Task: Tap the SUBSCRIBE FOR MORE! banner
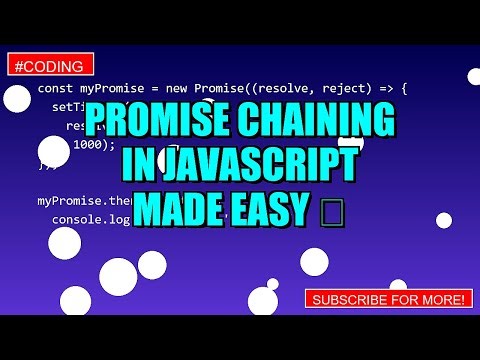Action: [387, 299]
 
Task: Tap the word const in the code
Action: [54, 89]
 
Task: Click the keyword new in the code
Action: [184, 89]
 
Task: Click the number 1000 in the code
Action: [87, 144]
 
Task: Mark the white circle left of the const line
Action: [15, 98]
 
